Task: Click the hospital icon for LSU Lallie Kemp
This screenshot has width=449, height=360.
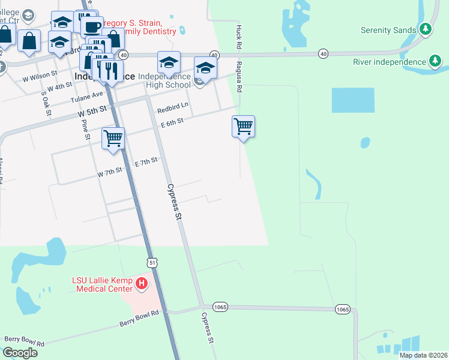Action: [142, 283]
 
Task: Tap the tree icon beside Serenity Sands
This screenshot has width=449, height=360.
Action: [426, 29]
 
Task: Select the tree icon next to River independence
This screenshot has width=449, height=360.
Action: [435, 61]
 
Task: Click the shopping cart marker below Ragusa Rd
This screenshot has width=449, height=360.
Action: [243, 127]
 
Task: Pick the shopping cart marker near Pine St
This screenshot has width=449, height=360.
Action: [113, 139]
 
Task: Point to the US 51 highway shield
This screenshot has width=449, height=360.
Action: [153, 262]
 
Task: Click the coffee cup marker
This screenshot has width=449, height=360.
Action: [92, 27]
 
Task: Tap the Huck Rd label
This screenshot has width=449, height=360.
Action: [238, 37]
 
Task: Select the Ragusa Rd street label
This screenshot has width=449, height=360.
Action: [238, 77]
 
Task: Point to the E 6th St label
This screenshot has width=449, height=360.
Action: [172, 122]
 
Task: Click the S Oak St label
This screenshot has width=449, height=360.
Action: [45, 103]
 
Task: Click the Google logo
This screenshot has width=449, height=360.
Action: [20, 352]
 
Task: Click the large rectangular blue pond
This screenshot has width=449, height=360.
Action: [353, 100]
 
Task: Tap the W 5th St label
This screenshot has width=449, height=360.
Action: [92, 111]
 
